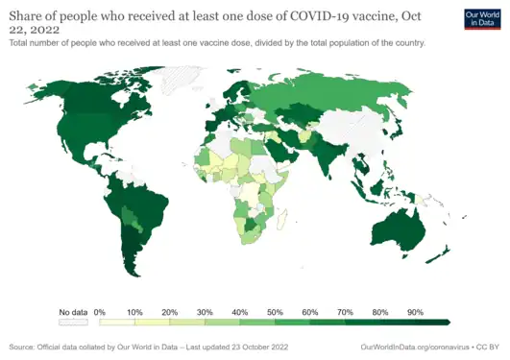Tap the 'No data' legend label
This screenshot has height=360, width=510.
[73, 312]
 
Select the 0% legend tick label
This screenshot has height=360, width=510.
[99, 312]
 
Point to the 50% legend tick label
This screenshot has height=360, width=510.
[275, 312]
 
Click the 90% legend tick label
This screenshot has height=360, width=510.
[415, 312]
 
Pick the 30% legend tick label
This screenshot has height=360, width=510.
[205, 312]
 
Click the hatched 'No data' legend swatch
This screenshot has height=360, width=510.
[73, 323]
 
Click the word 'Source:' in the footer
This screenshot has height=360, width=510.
[22, 347]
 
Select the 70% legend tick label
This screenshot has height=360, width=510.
[345, 312]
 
